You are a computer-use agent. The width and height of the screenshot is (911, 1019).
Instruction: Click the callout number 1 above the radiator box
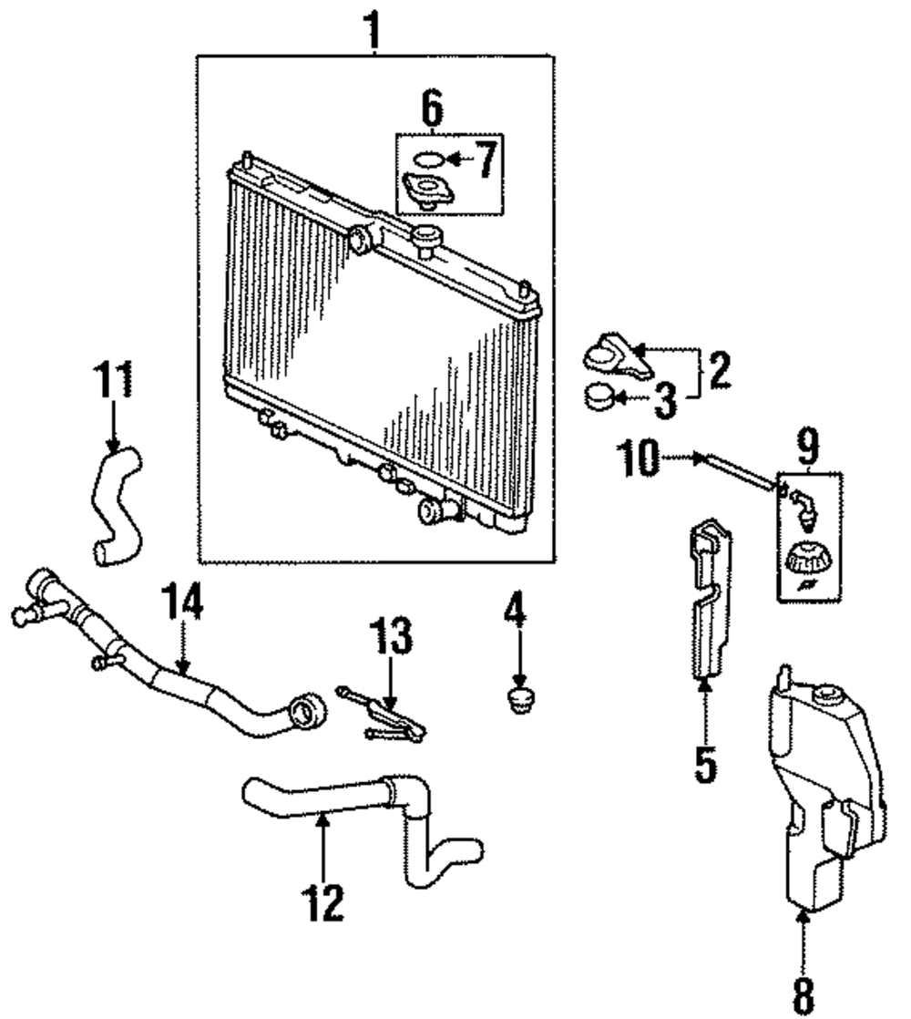[x=373, y=30]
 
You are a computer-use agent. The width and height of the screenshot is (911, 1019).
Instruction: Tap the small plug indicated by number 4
[x=517, y=699]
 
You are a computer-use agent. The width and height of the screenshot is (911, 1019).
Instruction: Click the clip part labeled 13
[x=381, y=714]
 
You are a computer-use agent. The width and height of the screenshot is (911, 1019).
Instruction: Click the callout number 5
[x=705, y=764]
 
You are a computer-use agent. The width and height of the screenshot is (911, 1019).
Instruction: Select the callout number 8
[x=803, y=996]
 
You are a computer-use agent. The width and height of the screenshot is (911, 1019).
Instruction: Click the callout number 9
[x=808, y=446]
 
